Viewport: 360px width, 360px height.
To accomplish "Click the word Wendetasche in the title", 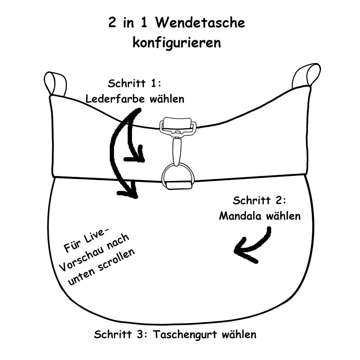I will point(200,23).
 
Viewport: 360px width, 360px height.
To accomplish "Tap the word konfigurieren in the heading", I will point(177,43).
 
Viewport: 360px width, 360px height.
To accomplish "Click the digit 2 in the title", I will point(112,23).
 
